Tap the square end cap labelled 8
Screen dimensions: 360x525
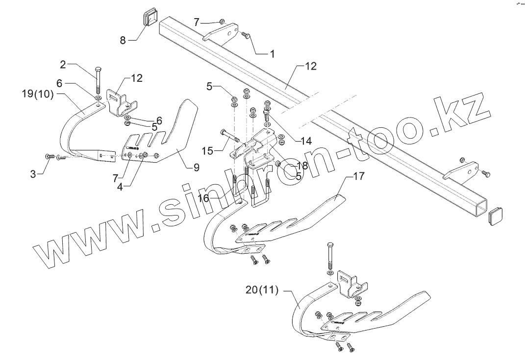pos(149,18)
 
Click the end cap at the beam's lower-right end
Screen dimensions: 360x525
pos(496,216)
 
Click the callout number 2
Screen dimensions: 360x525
pos(63,64)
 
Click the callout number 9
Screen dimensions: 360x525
pos(196,168)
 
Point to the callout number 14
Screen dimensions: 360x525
pos(306,140)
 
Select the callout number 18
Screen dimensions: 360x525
pos(302,166)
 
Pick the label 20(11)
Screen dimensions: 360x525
pos(261,290)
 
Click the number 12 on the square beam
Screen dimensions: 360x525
pos(311,65)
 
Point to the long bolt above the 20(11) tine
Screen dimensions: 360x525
pos(329,255)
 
